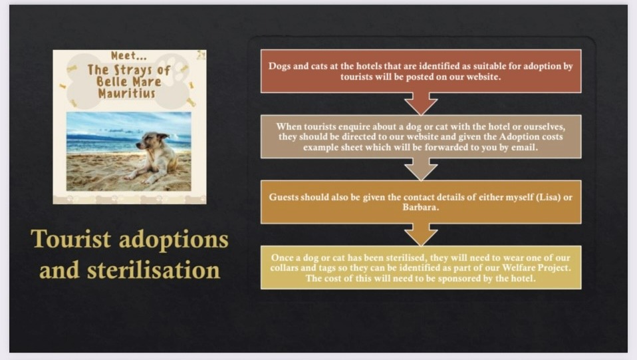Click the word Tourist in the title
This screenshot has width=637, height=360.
point(70,239)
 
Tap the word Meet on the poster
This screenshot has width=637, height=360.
point(124,55)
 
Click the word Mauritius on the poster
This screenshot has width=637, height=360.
point(127,93)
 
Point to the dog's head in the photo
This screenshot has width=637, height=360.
point(153,140)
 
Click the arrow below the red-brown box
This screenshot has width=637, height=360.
point(421,104)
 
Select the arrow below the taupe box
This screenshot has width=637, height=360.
point(421,169)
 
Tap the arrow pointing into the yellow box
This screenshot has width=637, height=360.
point(421,235)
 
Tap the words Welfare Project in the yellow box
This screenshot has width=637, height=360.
point(536,268)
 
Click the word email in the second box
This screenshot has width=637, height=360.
point(524,147)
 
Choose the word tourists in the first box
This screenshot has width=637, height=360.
point(356,77)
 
